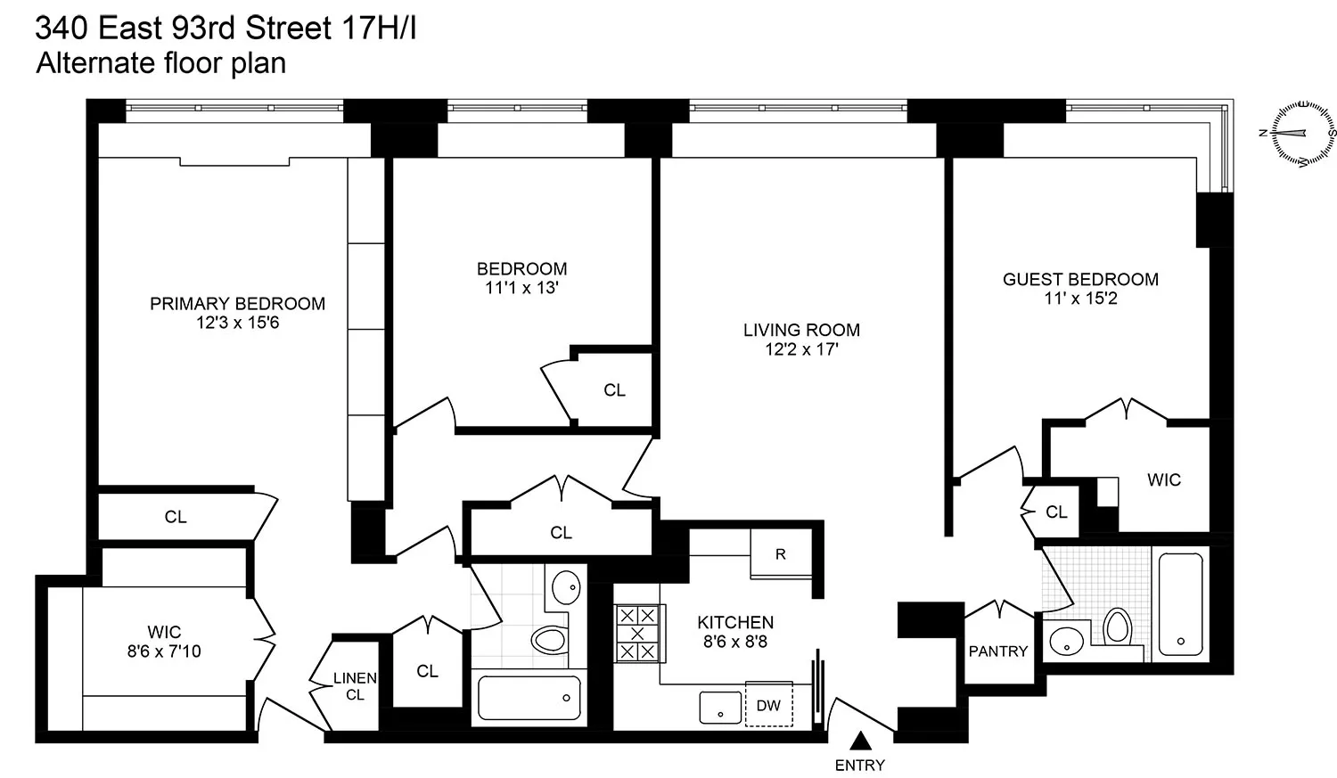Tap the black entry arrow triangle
point(860,741)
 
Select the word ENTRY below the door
point(860,765)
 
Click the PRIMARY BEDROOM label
point(237,304)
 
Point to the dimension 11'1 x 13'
point(521,288)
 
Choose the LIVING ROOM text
point(801,330)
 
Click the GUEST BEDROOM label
point(1080,279)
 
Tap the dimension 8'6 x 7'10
point(164,651)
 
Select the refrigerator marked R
point(781,553)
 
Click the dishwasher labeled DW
point(768,706)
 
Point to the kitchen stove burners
point(637,634)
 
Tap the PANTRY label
point(998,651)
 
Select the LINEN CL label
point(355,686)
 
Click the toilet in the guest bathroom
point(1117,626)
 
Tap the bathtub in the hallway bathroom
point(529,698)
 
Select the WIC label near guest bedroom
point(1163,480)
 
